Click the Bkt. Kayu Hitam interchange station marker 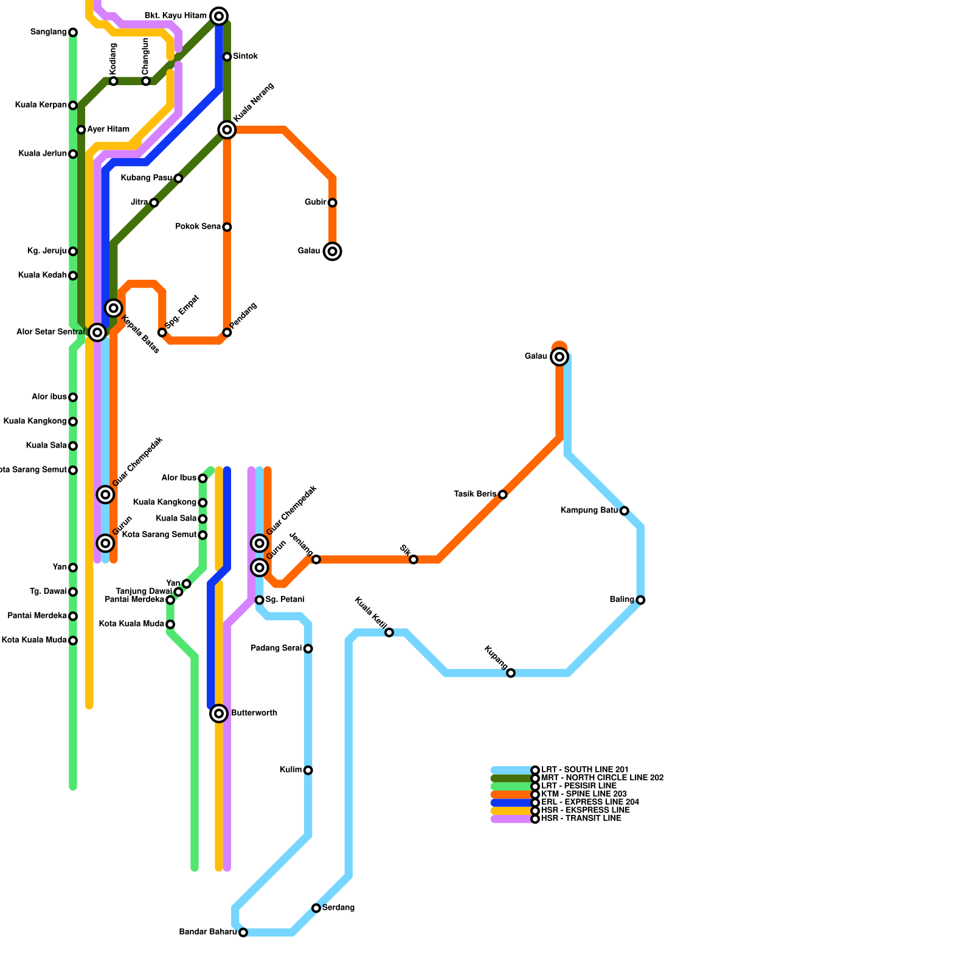[x=219, y=16]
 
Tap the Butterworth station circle [x=219, y=713]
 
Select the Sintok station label [x=245, y=57]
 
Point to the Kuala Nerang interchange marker [x=227, y=130]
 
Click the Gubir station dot [x=332, y=203]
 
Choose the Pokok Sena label [x=198, y=227]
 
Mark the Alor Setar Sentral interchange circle [x=97, y=332]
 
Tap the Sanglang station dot [x=73, y=32]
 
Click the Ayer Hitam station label [x=108, y=130]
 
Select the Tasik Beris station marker [x=502, y=494]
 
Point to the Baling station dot [x=640, y=600]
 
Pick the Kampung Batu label [x=589, y=510]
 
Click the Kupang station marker [x=511, y=673]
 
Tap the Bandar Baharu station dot [x=243, y=932]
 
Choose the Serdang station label [x=338, y=908]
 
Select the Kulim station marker [x=308, y=770]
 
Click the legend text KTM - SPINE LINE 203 [x=584, y=794]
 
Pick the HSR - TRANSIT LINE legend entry [x=581, y=819]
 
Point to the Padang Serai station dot [x=308, y=648]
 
